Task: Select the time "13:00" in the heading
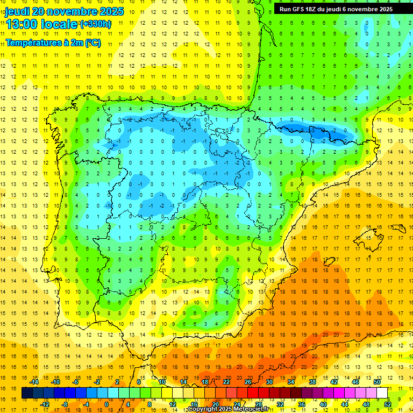(x=23, y=24)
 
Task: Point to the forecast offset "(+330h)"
(x=96, y=24)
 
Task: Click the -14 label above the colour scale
(x=34, y=382)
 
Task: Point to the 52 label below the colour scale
(x=388, y=404)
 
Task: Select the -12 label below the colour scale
(x=45, y=404)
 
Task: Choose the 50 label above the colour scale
(x=376, y=382)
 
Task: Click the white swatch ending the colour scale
(x=382, y=393)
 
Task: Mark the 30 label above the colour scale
(x=269, y=382)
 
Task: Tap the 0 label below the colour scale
(x=107, y=404)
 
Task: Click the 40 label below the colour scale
(x=323, y=404)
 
